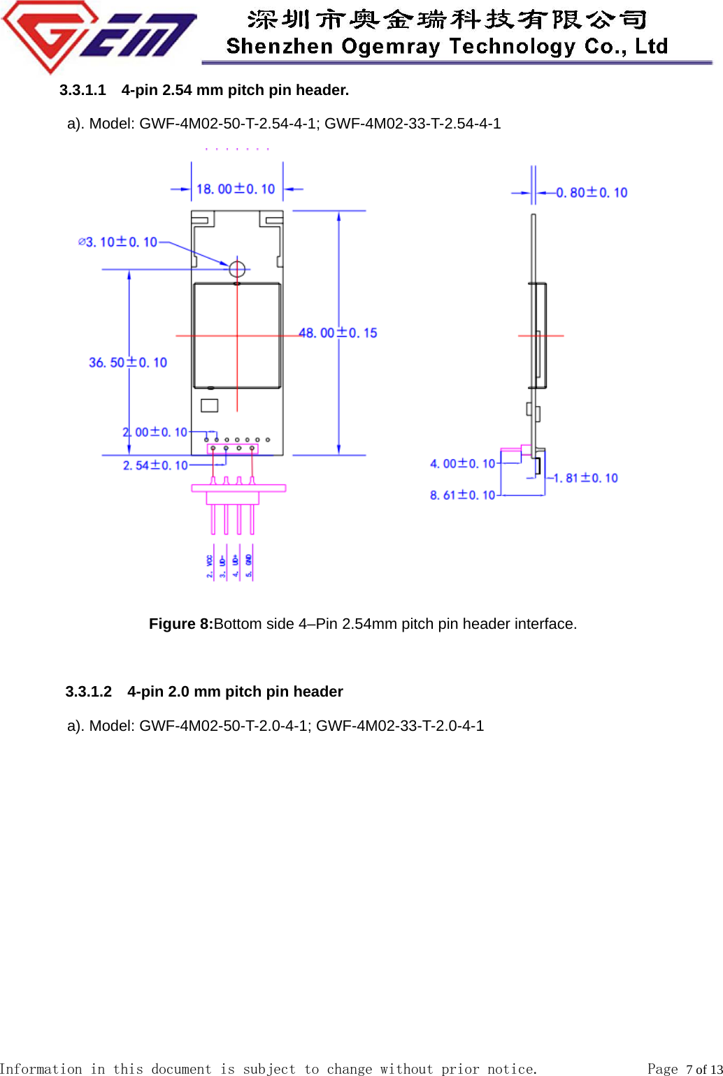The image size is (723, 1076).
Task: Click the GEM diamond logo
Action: coord(98,35)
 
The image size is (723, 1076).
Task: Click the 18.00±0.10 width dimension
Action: coord(236,189)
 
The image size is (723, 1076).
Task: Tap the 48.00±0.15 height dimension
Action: coord(338,333)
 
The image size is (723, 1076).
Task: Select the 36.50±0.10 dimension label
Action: coord(128,363)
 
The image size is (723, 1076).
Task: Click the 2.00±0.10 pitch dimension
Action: coord(155,432)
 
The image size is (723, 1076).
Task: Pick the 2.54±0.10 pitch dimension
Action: coord(155,465)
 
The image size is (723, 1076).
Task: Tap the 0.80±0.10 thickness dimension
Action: coord(592,193)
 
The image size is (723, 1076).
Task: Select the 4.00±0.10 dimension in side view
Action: coord(462,464)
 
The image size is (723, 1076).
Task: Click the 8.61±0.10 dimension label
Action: coord(462,495)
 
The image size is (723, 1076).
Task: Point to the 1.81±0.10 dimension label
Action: coord(585,479)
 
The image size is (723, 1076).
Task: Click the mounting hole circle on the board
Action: coord(237,268)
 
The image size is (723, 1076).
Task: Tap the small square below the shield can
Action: coord(209,405)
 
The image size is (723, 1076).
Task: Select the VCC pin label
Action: coord(210,565)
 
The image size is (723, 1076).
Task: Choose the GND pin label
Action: coord(249,565)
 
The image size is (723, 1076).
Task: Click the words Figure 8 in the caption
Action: coord(180,624)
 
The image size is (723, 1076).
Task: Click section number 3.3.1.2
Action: coord(88,692)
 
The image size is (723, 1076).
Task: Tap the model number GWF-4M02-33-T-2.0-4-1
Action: coord(400,726)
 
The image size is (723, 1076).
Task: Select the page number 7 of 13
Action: coord(703,1069)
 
